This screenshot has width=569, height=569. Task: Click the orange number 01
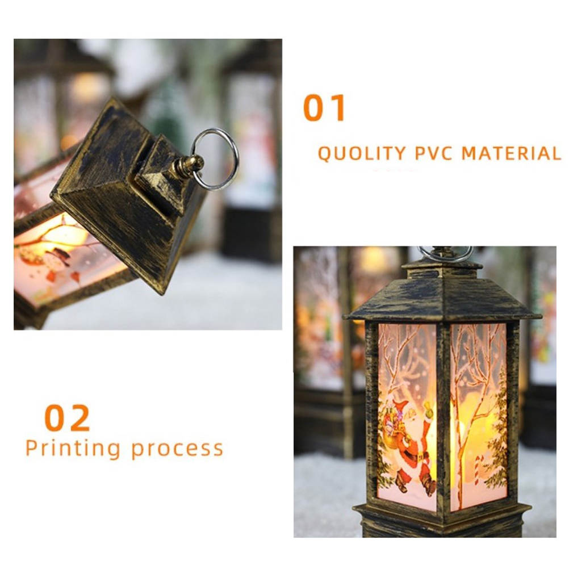(x=324, y=108)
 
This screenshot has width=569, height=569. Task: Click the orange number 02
(x=67, y=418)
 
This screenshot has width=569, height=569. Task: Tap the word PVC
(x=434, y=153)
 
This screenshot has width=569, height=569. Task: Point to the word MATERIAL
(x=511, y=153)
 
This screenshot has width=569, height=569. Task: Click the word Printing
(x=73, y=449)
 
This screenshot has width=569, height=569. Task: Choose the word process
(x=177, y=450)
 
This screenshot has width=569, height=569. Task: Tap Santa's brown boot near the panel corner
(x=429, y=485)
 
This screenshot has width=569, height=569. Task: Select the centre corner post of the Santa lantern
(x=443, y=417)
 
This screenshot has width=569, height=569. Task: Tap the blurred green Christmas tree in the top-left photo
(x=169, y=109)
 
